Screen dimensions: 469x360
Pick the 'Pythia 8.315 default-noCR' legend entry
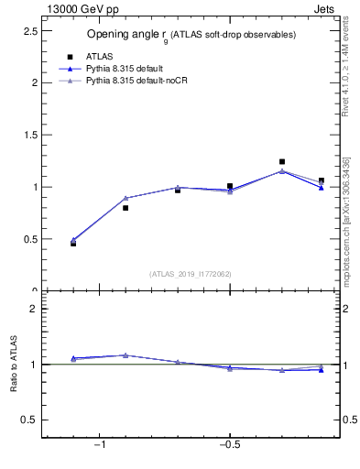136,82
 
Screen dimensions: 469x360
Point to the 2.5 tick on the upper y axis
29,30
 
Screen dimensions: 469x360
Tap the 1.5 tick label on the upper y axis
29,135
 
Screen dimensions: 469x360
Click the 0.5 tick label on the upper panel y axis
29,239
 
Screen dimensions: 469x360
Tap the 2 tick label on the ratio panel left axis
34,309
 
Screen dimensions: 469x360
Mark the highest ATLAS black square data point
282,161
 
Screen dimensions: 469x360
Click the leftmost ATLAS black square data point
73,244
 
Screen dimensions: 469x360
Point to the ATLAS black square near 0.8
125,208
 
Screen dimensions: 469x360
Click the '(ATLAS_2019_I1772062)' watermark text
191,273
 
